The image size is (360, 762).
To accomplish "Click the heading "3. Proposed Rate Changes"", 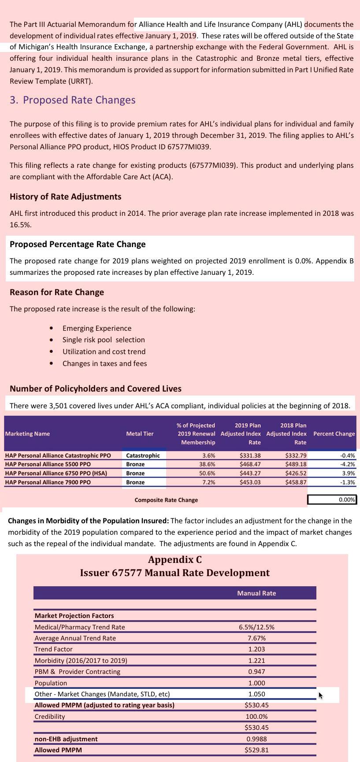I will pyautogui.click(x=72, y=100).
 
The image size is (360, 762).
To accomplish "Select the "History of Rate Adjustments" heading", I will pyautogui.click(x=65, y=196).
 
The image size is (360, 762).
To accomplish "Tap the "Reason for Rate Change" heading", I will pyautogui.click(x=56, y=292).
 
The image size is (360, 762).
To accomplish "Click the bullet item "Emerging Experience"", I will pyautogui.click(x=96, y=328).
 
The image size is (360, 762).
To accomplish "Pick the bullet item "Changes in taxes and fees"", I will pyautogui.click(x=104, y=363).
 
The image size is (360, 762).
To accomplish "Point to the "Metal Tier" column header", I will pyautogui.click(x=140, y=434).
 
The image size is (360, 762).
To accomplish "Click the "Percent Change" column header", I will pyautogui.click(x=334, y=434).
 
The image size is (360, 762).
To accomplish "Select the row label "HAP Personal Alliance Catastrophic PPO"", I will pyautogui.click(x=58, y=455).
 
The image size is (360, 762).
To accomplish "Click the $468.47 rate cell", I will pyautogui.click(x=250, y=464).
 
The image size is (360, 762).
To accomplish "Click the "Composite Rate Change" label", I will pyautogui.click(x=166, y=500).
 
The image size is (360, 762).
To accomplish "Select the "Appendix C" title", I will pyautogui.click(x=175, y=560).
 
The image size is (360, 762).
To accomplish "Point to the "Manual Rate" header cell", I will pyautogui.click(x=256, y=593).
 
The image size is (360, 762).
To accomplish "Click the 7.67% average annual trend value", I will pyautogui.click(x=256, y=638).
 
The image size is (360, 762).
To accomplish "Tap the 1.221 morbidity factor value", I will pyautogui.click(x=256, y=661).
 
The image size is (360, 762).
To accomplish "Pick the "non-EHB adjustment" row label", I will pyautogui.click(x=66, y=739).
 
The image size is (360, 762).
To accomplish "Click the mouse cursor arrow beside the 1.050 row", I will pyautogui.click(x=320, y=695).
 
